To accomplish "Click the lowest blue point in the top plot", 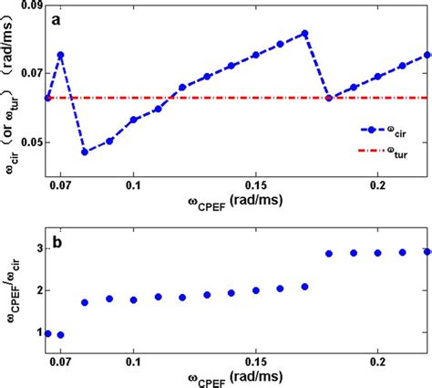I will tap(85, 152).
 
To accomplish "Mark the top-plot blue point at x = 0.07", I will tap(61, 55).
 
